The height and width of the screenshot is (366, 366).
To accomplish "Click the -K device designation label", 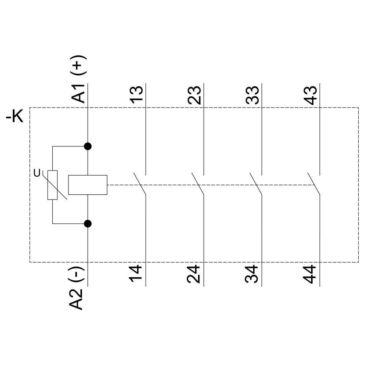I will click(x=15, y=117).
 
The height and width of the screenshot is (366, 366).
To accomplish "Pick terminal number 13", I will click(x=137, y=95).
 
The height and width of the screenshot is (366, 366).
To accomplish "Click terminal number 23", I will click(x=194, y=95).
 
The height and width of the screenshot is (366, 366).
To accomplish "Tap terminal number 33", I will click(x=253, y=95).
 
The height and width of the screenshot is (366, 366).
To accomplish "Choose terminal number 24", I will click(x=194, y=274).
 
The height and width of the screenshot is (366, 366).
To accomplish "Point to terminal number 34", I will click(x=253, y=274).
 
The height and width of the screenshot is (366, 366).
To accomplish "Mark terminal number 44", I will click(x=310, y=274).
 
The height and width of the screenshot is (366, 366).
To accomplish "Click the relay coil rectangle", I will click(x=88, y=185).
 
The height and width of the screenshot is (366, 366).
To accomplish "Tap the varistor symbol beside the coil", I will click(x=52, y=185).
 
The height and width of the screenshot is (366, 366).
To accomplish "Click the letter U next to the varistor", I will click(x=37, y=173).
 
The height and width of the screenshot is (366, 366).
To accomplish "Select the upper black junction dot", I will click(x=87, y=146).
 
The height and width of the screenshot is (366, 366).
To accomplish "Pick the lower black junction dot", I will click(x=87, y=223).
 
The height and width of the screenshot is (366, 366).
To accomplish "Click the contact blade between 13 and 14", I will click(x=141, y=184).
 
